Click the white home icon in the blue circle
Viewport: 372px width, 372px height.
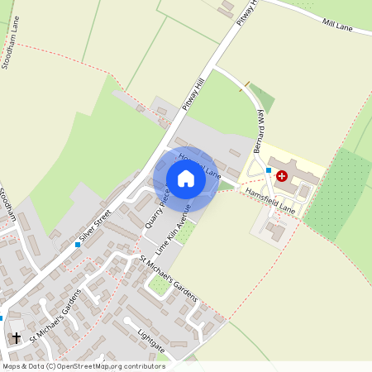[x=186, y=179]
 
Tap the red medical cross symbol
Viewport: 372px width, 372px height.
[x=282, y=176]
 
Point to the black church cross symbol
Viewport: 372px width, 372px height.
[x=16, y=337]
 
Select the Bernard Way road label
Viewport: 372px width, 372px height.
[x=260, y=132]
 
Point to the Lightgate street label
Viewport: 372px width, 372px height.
[x=152, y=339]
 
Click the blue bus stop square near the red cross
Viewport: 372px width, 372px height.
[x=268, y=170]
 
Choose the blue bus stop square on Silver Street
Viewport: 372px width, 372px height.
[x=78, y=246]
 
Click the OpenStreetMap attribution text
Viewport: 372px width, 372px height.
[x=83, y=365]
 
